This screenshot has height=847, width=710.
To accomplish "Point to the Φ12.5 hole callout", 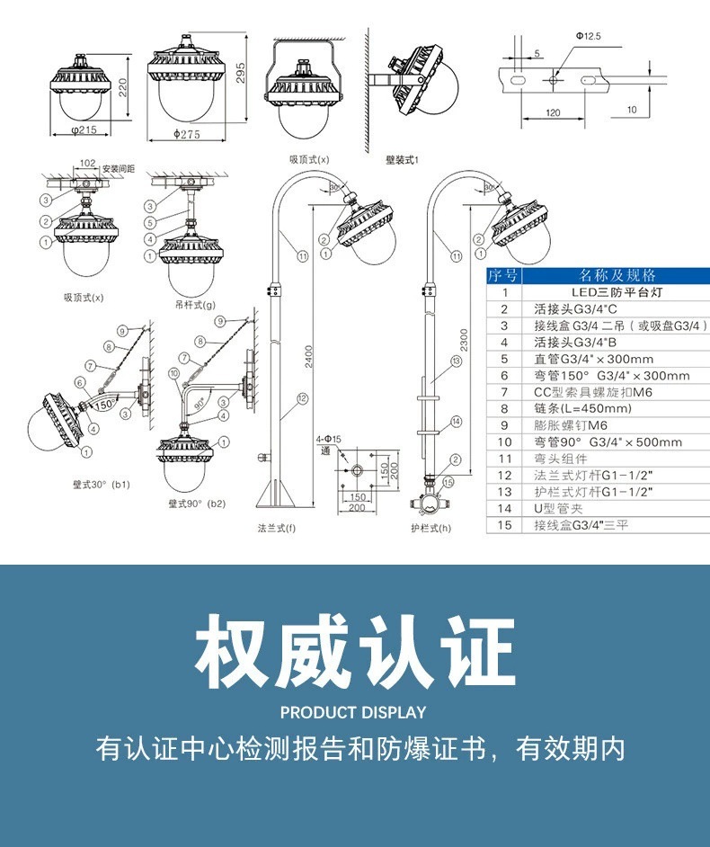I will tap(589, 36).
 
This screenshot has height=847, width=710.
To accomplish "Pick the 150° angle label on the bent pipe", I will tap(104, 405).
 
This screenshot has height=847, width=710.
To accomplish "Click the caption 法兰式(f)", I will tap(276, 529).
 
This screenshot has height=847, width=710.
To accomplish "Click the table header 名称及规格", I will tap(617, 275).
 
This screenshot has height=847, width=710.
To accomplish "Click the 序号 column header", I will tap(503, 275).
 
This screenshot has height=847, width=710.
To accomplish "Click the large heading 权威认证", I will tap(355, 650).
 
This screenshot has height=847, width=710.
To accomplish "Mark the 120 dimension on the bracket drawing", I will tap(553, 113).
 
